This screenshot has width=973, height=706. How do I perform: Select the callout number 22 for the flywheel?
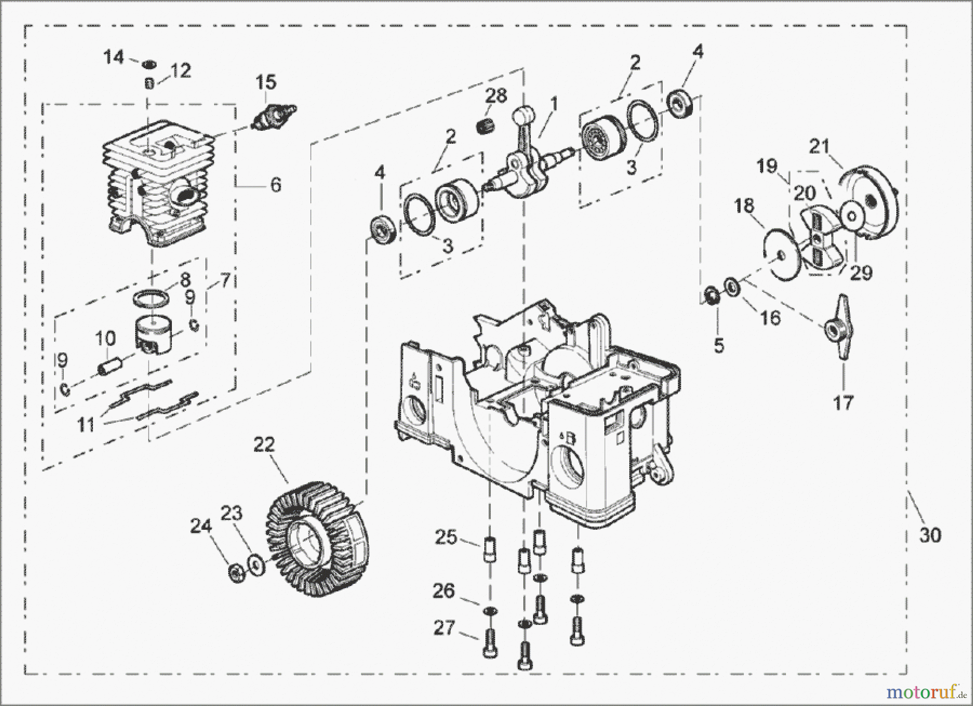(264, 445)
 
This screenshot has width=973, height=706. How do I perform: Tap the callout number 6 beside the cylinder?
(276, 185)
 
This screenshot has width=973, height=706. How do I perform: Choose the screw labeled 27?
(490, 643)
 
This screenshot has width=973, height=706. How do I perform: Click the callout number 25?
(446, 538)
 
